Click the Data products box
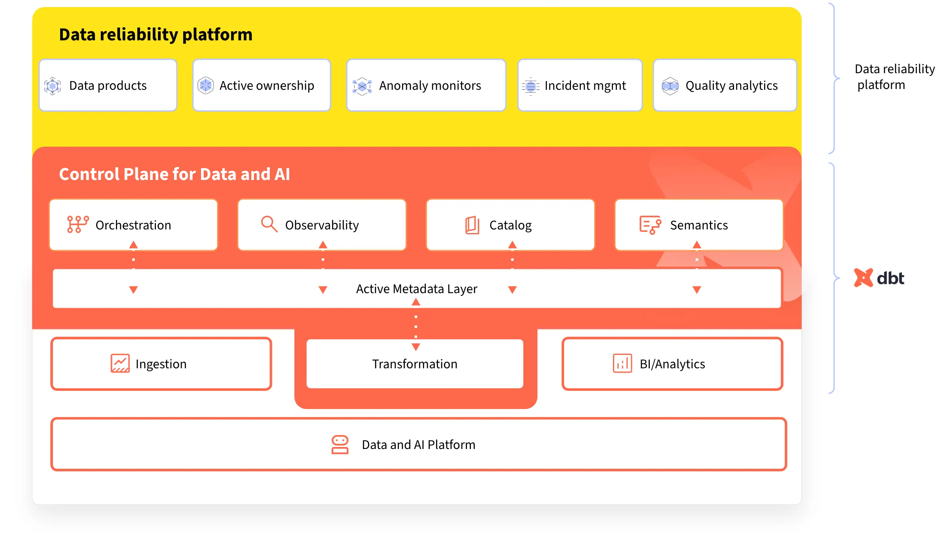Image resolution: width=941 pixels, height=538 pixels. (108, 85)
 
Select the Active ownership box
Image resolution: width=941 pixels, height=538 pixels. (262, 85)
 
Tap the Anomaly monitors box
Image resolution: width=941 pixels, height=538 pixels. (426, 85)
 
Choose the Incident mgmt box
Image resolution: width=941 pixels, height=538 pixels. (580, 85)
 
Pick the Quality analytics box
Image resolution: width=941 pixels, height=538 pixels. (725, 85)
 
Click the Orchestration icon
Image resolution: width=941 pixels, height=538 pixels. (78, 225)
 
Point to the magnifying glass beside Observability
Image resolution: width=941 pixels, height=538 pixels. (269, 224)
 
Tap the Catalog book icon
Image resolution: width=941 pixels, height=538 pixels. (472, 225)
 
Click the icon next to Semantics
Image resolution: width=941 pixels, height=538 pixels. (650, 225)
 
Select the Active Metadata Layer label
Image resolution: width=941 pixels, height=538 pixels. (417, 289)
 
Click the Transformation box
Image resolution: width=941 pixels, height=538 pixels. (415, 364)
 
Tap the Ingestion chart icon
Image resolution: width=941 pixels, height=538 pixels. (120, 363)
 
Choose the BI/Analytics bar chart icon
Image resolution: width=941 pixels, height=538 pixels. (622, 363)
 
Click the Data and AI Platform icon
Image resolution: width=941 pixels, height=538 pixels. (340, 445)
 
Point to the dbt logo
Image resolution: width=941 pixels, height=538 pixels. (879, 278)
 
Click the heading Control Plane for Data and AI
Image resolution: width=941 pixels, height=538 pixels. (175, 174)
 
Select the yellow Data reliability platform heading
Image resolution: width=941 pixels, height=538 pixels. (156, 34)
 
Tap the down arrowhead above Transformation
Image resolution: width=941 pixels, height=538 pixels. (415, 347)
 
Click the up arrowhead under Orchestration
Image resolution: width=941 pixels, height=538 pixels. (133, 245)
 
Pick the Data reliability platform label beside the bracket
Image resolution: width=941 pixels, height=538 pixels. (895, 77)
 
